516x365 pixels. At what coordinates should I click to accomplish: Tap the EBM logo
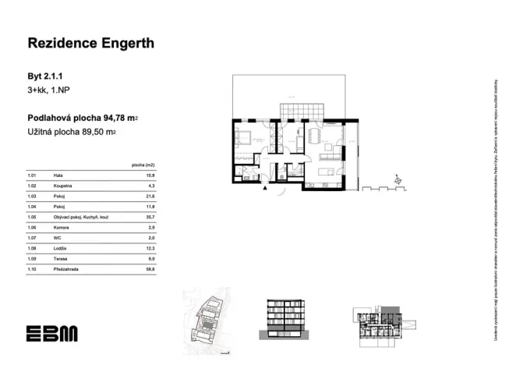point(51,334)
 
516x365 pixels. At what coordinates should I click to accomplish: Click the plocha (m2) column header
point(143,165)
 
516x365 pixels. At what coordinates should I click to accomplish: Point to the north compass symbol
point(399,182)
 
